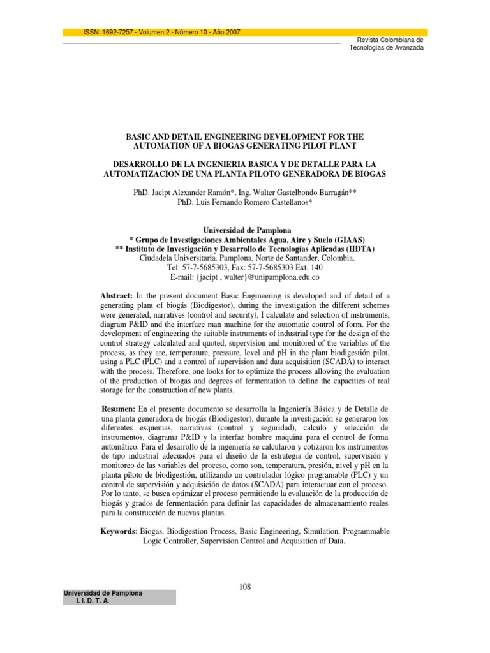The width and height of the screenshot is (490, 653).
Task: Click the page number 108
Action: tap(245, 587)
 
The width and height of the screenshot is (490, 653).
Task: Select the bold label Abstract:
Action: tap(116, 296)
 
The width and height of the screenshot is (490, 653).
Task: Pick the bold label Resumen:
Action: tap(119, 407)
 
